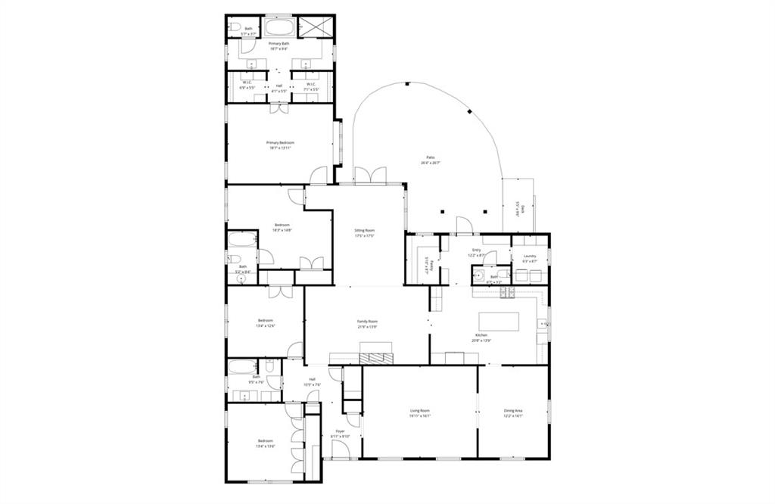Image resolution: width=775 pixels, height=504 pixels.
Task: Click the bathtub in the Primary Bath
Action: pyautogui.click(x=280, y=28)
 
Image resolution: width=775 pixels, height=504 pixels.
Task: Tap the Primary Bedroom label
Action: pyautogui.click(x=279, y=143)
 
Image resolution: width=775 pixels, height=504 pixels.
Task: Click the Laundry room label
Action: pyautogui.click(x=529, y=256)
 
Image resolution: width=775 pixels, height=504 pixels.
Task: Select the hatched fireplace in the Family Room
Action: pyautogui.click(x=376, y=358)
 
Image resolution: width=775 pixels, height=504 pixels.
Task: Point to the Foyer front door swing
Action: pyautogui.click(x=340, y=450)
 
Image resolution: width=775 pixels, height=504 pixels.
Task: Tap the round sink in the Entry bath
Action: pyautogui.click(x=479, y=276)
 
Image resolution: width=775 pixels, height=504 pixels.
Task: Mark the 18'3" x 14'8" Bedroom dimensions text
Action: pyautogui.click(x=282, y=230)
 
